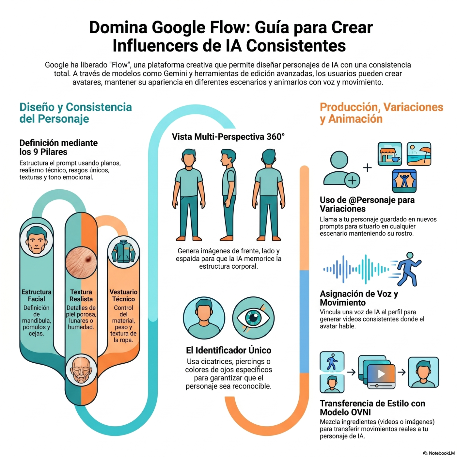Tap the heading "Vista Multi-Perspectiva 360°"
(228, 137)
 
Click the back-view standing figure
(268, 195)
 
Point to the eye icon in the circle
(253, 318)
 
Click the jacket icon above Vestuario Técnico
(123, 252)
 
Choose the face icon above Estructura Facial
(37, 240)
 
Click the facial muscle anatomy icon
(81, 370)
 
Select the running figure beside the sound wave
(408, 269)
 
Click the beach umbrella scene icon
(419, 154)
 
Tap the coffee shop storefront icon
(390, 154)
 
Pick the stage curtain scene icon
(404, 181)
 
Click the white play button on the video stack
(381, 374)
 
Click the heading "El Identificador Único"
(228, 350)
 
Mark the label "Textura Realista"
(81, 295)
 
